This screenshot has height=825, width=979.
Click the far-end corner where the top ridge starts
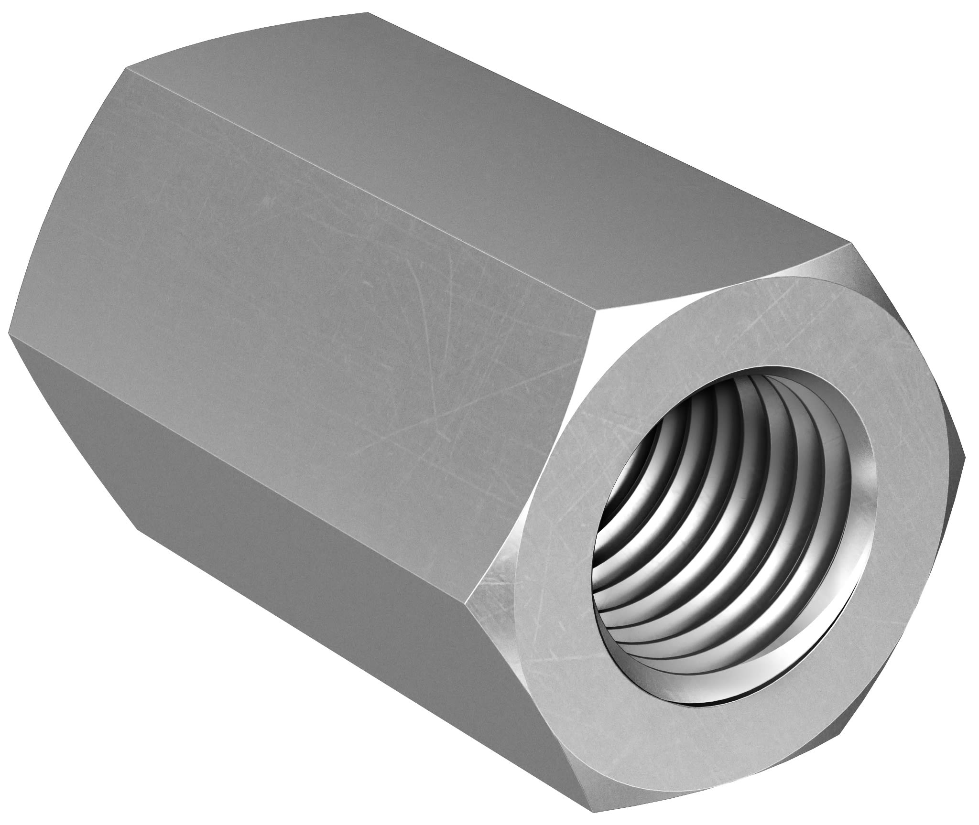[127, 68]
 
